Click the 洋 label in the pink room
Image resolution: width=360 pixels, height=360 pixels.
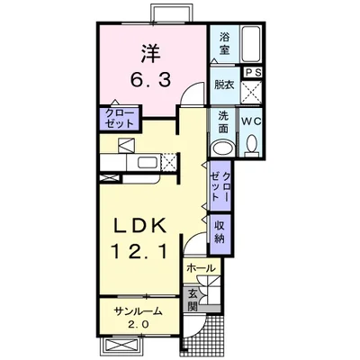[150, 53]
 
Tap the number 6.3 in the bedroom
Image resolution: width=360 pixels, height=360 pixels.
[150, 80]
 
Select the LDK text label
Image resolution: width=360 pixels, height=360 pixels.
[139, 226]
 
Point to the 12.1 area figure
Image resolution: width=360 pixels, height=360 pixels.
[139, 251]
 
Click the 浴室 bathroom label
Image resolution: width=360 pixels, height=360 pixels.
[224, 43]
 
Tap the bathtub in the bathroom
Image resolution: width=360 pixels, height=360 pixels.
[251, 44]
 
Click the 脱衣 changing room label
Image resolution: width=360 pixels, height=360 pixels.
[224, 85]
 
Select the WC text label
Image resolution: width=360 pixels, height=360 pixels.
[252, 121]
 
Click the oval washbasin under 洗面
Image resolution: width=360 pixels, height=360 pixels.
[223, 148]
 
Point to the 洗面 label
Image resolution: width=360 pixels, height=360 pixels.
[223, 122]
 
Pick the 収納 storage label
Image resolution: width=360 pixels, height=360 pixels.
[220, 232]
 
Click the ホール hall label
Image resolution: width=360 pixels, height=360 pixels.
[201, 268]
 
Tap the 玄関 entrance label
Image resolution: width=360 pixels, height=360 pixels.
[192, 300]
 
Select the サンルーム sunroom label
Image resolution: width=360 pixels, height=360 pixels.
[138, 311]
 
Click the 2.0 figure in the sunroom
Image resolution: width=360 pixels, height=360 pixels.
[139, 324]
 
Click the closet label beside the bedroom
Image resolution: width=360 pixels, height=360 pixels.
[120, 118]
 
